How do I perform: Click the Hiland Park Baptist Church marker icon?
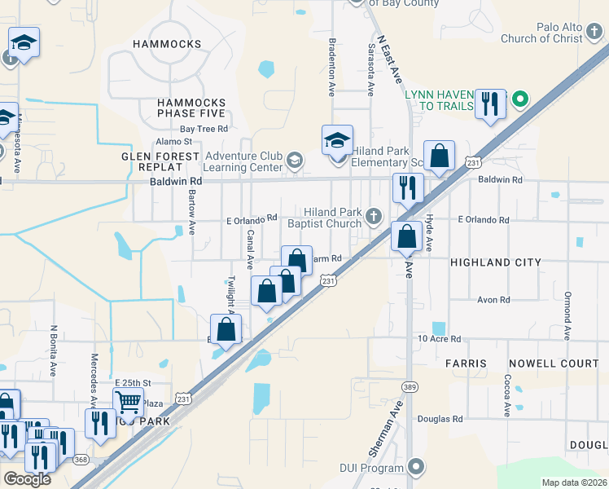(x=374, y=216)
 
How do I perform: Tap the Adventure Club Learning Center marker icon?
(x=294, y=161)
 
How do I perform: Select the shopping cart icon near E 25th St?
(x=128, y=402)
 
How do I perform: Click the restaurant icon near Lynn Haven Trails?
(x=489, y=104)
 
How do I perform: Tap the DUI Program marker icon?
(x=416, y=468)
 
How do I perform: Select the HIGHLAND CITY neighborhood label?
(x=495, y=262)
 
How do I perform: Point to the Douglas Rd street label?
(x=440, y=419)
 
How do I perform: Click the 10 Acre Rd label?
(x=439, y=338)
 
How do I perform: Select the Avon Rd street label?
(x=493, y=300)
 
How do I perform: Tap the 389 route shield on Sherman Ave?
(x=408, y=385)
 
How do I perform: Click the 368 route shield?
(x=81, y=459)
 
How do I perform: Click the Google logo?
(x=27, y=478)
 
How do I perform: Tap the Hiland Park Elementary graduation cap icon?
(x=337, y=140)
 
